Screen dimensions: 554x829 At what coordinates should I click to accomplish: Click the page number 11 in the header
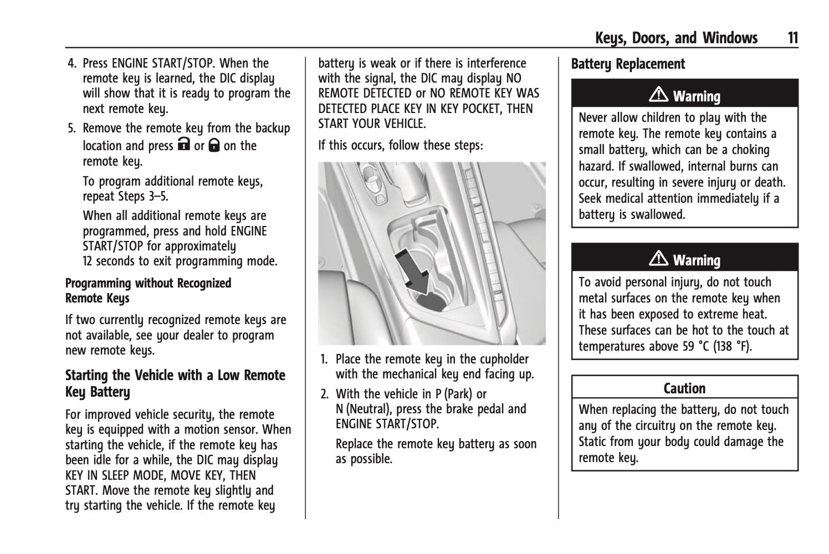click(792, 38)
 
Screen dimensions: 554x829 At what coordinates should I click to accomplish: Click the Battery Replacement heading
click(628, 64)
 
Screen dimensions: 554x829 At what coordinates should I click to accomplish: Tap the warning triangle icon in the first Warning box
click(659, 95)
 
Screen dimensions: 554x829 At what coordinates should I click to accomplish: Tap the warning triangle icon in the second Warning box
click(659, 259)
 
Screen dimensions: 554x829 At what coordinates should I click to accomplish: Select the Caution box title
click(684, 388)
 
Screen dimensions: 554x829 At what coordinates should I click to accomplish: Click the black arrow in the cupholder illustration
click(414, 267)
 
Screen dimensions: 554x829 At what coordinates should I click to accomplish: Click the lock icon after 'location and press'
click(184, 145)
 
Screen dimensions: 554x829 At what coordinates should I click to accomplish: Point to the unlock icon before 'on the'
click(214, 145)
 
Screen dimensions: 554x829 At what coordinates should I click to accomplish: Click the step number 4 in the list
click(72, 63)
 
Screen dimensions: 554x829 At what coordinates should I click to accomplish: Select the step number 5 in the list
click(72, 128)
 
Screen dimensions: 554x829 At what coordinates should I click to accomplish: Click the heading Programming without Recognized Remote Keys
click(148, 291)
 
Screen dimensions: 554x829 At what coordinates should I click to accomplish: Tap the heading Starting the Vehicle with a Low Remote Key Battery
click(175, 383)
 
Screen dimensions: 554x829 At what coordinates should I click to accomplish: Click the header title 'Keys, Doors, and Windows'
click(676, 38)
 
